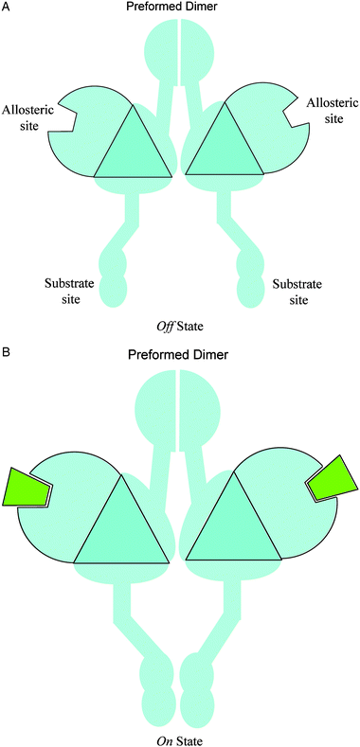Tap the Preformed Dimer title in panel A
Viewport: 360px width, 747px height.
coord(179,8)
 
